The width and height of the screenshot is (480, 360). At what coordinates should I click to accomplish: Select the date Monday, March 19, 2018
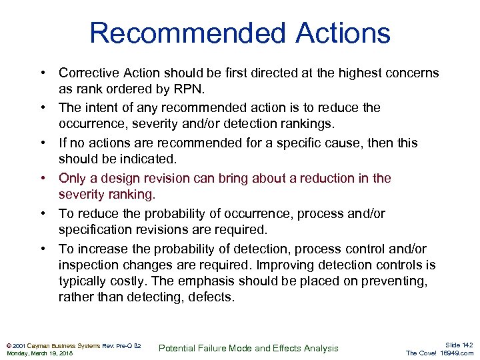coord(40,353)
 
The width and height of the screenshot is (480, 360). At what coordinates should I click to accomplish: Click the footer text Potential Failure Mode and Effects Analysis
coord(249,348)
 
